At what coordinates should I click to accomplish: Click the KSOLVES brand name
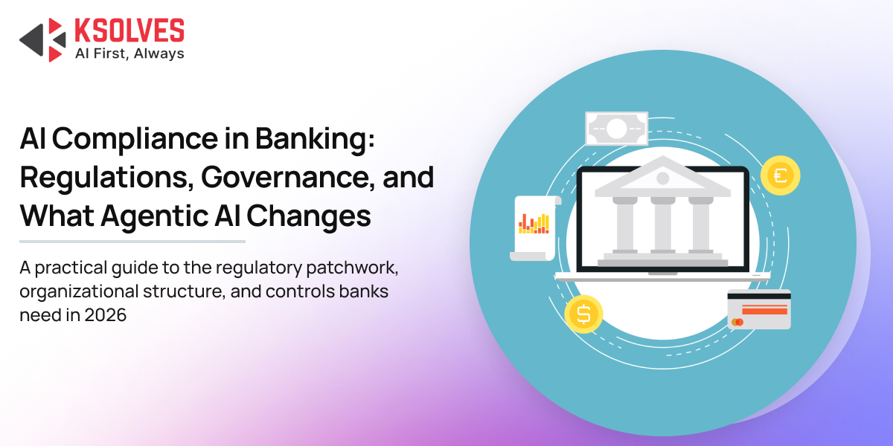(x=129, y=30)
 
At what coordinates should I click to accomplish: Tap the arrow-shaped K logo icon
(x=42, y=40)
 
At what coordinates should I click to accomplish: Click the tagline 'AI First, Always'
(x=129, y=54)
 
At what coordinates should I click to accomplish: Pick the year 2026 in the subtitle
(x=105, y=315)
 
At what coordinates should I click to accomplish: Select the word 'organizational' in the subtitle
(x=79, y=292)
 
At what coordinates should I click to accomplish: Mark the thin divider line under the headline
(x=132, y=242)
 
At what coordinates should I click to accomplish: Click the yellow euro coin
(x=780, y=175)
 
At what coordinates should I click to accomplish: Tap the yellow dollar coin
(x=583, y=314)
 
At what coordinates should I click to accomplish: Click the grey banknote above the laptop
(x=617, y=129)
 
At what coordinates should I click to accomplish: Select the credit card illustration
(x=759, y=309)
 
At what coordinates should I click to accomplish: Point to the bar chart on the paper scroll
(x=534, y=224)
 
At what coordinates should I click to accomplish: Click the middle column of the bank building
(x=662, y=225)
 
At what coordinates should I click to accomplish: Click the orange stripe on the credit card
(x=765, y=309)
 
